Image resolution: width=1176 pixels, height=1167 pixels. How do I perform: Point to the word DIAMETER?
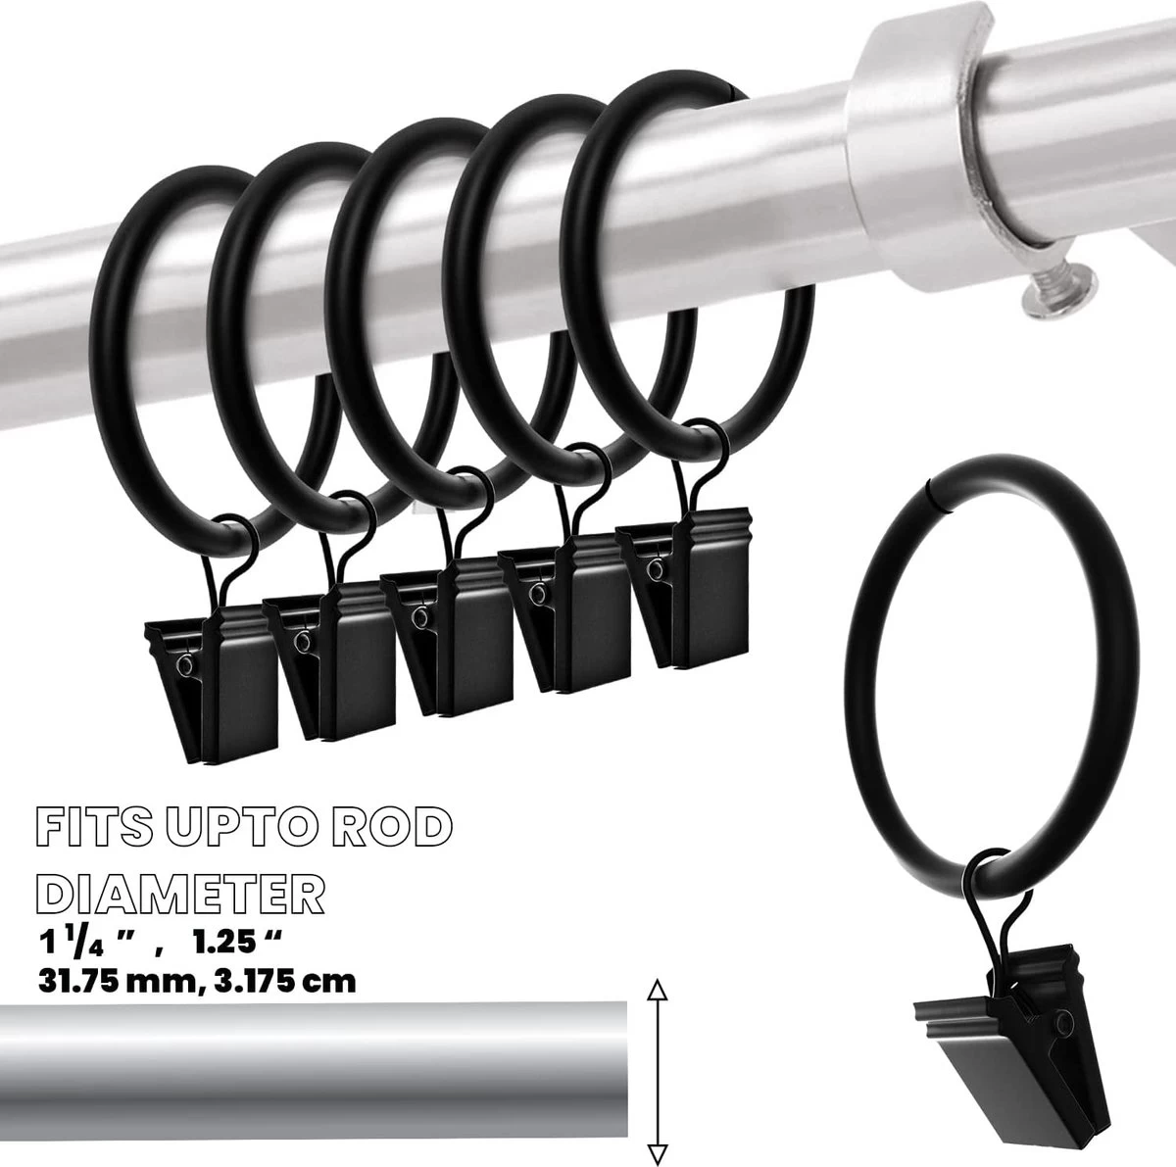(180, 895)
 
